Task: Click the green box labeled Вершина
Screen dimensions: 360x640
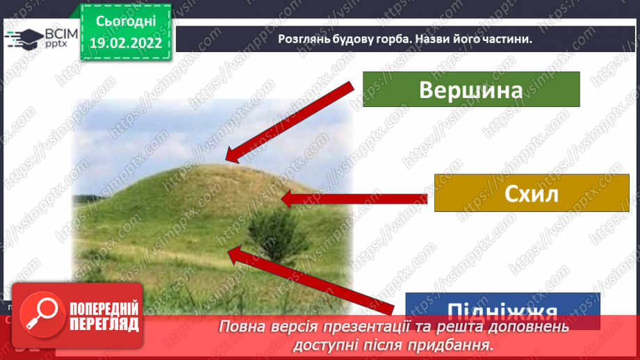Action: click(471, 89)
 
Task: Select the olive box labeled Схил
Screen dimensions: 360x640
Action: click(532, 193)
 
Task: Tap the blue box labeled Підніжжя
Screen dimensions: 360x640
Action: click(502, 306)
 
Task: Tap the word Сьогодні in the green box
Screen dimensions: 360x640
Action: click(125, 22)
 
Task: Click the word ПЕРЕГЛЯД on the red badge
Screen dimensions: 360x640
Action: click(104, 324)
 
